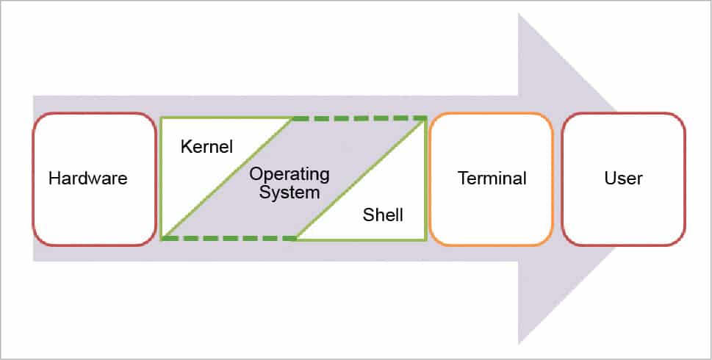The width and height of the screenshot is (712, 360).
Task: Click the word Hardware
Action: click(88, 179)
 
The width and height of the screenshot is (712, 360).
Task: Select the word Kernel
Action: click(206, 147)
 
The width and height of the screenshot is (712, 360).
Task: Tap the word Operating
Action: click(290, 176)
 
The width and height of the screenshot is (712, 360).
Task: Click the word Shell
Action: click(384, 216)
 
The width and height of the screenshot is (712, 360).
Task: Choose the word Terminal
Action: click(492, 179)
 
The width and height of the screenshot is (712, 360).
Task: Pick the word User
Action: click(624, 179)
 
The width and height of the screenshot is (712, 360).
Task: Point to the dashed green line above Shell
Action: click(360, 118)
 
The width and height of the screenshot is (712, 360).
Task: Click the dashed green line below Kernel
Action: click(228, 238)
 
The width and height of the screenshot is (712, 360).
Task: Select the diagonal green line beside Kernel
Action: click(228, 179)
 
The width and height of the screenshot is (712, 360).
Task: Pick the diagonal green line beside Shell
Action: click(360, 179)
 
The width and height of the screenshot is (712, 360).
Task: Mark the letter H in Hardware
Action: click(54, 179)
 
